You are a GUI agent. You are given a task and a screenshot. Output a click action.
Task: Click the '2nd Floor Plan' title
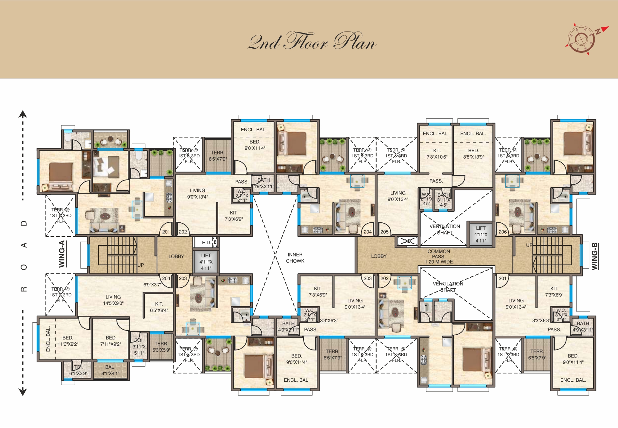[x=312, y=42]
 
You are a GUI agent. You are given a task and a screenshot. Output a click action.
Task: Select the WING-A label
[x=62, y=254]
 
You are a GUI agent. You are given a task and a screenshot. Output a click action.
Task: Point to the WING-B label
[x=595, y=256]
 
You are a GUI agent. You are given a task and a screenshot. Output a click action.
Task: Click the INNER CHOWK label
[x=295, y=258]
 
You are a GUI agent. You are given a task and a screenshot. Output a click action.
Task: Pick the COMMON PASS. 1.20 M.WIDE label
[x=439, y=256]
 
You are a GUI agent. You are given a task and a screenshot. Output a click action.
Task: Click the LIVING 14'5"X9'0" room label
[x=113, y=300]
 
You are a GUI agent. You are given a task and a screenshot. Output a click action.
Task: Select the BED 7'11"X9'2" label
[x=110, y=341]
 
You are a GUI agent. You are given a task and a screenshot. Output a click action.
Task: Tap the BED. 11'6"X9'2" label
[x=68, y=341]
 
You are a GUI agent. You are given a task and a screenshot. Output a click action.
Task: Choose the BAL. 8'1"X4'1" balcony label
[x=110, y=370]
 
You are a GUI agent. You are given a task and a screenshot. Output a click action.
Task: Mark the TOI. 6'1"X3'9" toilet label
[x=78, y=370]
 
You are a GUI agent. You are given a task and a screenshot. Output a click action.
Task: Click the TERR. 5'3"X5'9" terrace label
[x=161, y=347]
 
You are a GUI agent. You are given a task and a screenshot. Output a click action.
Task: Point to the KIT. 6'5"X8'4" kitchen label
[x=159, y=307]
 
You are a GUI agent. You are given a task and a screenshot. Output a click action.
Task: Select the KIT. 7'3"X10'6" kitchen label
[x=437, y=154]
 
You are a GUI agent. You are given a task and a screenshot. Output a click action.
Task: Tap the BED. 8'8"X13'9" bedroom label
[x=473, y=154]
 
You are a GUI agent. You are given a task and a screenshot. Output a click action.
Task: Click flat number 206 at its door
[x=502, y=232]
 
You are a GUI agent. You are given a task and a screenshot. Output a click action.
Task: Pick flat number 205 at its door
[x=384, y=232]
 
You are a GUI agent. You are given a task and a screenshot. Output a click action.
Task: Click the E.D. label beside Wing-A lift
[x=206, y=242]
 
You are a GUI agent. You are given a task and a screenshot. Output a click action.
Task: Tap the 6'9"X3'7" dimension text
[x=152, y=284]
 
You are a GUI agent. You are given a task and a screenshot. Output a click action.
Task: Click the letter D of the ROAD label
[x=24, y=223]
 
